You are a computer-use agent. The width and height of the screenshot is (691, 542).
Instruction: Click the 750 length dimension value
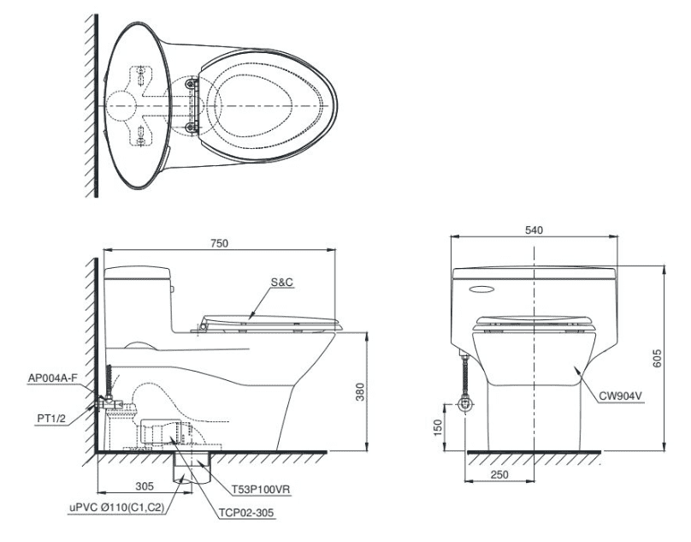pyautogui.click(x=220, y=243)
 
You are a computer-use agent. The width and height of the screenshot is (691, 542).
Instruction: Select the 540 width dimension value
pyautogui.click(x=534, y=229)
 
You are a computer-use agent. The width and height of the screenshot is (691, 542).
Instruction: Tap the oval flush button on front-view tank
pyautogui.click(x=484, y=287)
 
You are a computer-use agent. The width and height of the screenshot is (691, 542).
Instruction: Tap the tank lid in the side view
pyautogui.click(x=137, y=274)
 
